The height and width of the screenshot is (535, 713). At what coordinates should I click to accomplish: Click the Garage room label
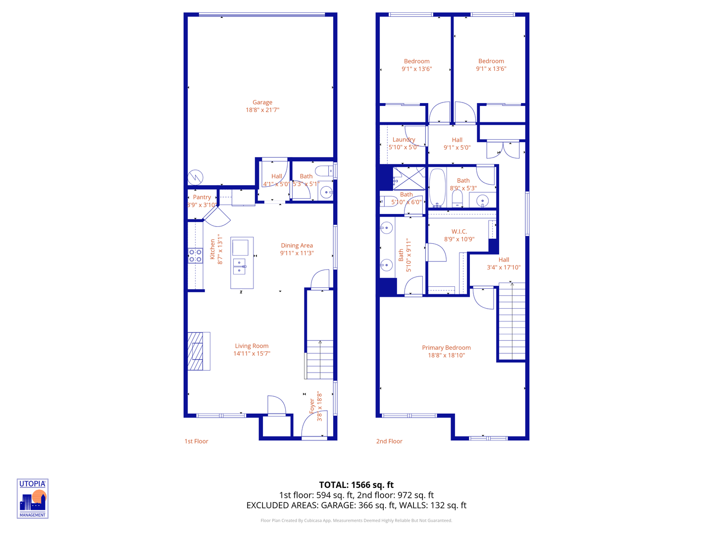(262, 103)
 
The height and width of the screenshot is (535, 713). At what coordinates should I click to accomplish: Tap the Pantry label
(202, 197)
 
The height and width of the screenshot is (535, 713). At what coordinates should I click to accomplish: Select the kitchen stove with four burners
(195, 256)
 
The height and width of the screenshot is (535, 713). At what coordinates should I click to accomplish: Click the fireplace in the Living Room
(198, 351)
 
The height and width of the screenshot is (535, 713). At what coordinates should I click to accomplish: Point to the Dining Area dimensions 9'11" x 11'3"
(297, 253)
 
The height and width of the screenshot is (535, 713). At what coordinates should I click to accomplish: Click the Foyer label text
(312, 406)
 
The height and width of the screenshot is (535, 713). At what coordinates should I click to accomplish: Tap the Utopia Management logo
(33, 498)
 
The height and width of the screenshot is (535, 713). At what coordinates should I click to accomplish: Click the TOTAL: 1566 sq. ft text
(356, 485)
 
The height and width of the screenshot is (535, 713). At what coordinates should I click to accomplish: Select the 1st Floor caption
(196, 441)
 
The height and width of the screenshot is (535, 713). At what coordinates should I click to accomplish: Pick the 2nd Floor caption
(389, 441)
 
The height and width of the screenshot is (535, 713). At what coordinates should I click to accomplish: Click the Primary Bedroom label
(446, 348)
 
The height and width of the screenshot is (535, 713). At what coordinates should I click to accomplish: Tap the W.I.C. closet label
(459, 232)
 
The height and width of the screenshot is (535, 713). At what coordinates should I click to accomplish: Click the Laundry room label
(404, 140)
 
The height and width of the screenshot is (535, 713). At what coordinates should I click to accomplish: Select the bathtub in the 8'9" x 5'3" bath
(437, 188)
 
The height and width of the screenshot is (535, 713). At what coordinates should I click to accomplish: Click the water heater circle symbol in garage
(195, 177)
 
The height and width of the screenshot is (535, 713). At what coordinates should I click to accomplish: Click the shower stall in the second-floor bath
(409, 178)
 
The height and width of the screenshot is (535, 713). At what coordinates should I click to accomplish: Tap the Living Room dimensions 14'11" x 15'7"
(252, 354)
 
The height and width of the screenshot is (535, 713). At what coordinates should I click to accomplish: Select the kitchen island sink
(239, 266)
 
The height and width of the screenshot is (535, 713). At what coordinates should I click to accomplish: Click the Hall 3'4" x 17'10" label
(504, 260)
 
